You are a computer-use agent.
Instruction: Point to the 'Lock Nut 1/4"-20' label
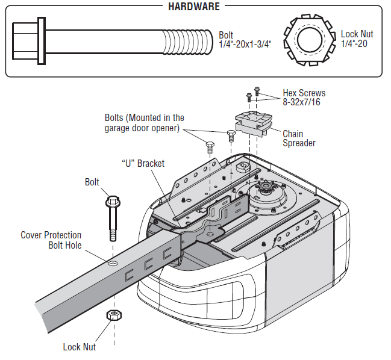tap(357, 39)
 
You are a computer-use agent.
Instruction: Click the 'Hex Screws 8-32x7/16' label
tap(304, 98)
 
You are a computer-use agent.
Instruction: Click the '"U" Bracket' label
tap(143, 163)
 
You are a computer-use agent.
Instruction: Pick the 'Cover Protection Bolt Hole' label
tap(51, 240)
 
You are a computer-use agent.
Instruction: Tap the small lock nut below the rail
tap(112, 315)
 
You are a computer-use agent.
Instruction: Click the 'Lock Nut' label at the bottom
tap(79, 347)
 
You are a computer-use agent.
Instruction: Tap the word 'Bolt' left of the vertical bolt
tap(92, 182)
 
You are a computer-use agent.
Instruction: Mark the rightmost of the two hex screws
tap(257, 92)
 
